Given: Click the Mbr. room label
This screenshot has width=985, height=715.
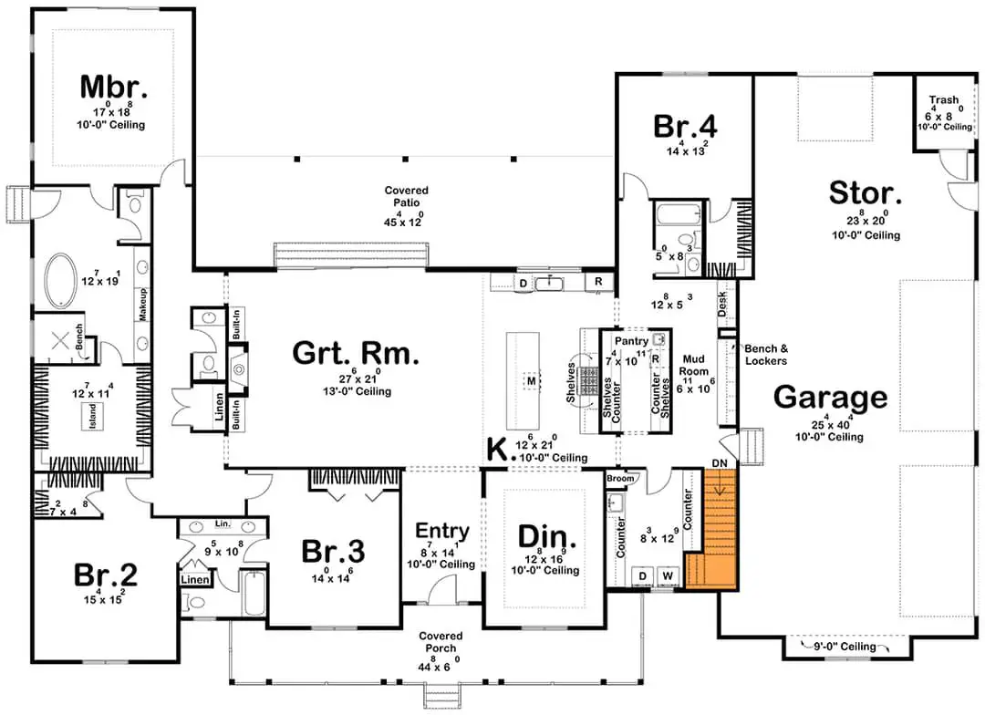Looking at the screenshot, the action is coord(114,88).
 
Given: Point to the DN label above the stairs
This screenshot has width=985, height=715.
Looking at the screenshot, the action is coord(720,463).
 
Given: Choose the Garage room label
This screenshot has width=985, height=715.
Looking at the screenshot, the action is coord(830,397).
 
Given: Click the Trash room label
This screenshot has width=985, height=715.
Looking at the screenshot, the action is coord(944,100).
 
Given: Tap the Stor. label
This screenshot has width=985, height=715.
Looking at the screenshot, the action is coord(865,193).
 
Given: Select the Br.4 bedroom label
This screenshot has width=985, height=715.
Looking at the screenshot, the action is coord(685,126).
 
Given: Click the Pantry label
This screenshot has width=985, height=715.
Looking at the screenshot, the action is coord(631,341).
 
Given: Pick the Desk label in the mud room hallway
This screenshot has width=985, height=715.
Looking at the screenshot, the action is coord(721,304).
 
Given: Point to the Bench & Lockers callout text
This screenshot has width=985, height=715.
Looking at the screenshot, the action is coord(766,355).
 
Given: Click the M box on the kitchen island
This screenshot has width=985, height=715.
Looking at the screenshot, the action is coord(532,380).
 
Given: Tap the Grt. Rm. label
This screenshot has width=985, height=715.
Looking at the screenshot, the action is coord(356,353).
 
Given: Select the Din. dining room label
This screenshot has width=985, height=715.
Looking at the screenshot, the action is coord(546,538).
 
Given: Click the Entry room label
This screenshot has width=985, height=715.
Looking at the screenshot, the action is coord(442,531).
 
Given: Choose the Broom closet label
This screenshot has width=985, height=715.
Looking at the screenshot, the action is coord(620,479).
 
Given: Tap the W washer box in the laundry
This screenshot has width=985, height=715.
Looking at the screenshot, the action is coord(667,576).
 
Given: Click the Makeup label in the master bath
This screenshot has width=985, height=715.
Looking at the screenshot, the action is coord(143,305).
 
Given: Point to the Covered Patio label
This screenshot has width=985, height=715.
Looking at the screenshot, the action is coord(407,196).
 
